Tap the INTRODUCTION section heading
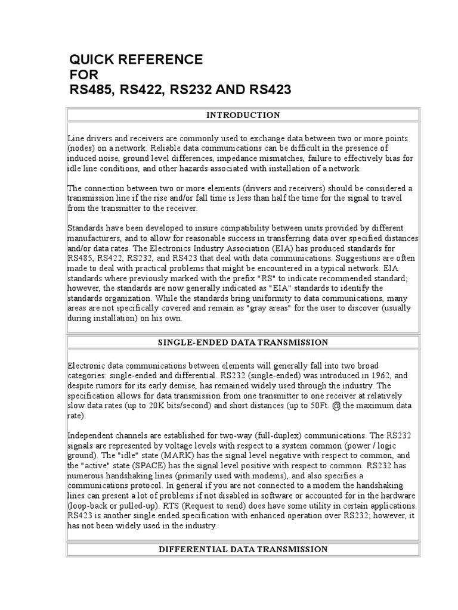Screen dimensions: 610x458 coord(243,115)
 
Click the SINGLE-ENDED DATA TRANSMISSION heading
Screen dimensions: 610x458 coord(243,343)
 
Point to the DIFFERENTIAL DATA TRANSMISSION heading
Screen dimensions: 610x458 coord(243,549)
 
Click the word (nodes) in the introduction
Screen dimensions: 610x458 coord(81,148)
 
